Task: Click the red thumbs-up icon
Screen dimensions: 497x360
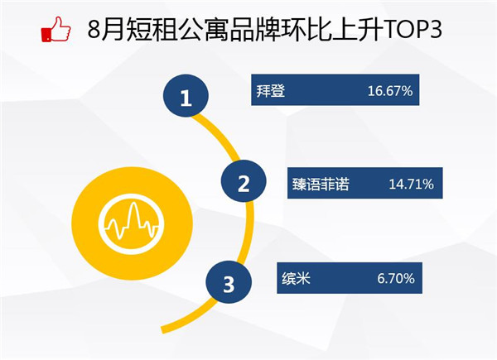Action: click(56, 29)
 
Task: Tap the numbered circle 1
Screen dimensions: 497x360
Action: click(186, 96)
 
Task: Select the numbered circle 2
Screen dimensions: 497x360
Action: click(244, 181)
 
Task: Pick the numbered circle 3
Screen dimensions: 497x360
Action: click(229, 282)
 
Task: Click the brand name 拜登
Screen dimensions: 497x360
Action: click(271, 91)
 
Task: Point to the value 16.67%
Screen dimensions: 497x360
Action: click(390, 91)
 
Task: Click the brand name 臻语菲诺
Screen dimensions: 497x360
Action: click(321, 184)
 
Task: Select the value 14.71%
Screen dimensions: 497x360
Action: click(411, 184)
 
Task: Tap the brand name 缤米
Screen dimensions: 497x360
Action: click(296, 279)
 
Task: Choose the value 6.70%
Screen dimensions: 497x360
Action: click(396, 279)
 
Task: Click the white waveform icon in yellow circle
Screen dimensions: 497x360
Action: click(132, 223)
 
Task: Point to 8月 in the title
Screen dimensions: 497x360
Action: click(105, 30)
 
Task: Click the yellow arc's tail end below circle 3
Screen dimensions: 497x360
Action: click(163, 329)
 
